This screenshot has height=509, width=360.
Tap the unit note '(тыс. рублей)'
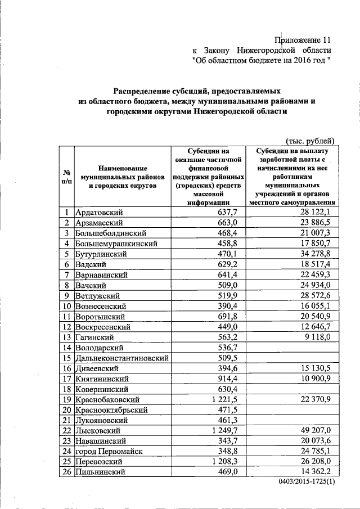click(x=310, y=141)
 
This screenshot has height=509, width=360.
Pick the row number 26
click(x=66, y=472)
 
